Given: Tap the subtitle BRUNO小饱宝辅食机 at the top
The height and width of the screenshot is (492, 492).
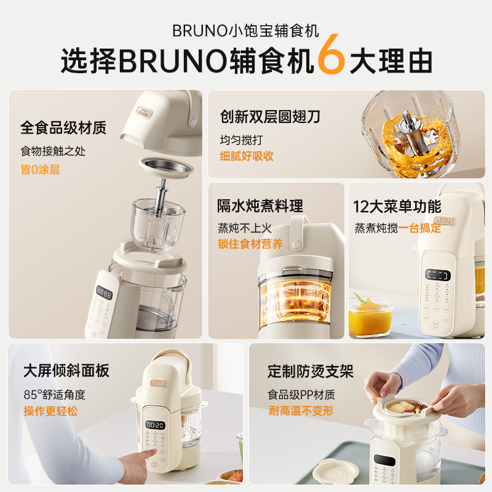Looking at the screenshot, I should coord(245,30).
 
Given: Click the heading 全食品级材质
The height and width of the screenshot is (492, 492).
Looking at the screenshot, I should coord(63,128).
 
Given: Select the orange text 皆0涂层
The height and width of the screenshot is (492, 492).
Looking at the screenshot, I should coord(41,170).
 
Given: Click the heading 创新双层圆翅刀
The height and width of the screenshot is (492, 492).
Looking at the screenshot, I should coord(270,116).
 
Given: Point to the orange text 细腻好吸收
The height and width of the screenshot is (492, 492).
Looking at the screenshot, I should coord(247,156).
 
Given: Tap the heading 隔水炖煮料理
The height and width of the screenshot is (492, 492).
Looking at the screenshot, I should coord(260,206).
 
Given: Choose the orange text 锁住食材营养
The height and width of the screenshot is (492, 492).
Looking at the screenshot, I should coord(250,244).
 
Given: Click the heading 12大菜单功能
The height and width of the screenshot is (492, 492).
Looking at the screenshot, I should coord(397,206).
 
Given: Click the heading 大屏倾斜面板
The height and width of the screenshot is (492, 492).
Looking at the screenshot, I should coord(66,370).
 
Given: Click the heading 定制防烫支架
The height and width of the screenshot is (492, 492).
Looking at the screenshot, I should coord(311,371).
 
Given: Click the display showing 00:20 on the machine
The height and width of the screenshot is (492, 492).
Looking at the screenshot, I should coord(155,425).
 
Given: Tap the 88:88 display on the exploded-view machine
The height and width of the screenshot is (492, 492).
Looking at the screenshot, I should coord(103,295).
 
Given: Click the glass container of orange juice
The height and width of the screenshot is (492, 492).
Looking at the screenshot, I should coord(370,315).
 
